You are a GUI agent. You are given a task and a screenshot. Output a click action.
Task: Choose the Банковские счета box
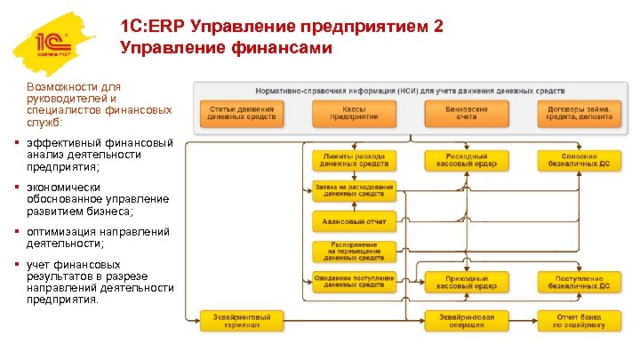coord(467,112)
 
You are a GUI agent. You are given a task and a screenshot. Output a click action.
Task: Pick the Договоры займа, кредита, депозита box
coord(579,112)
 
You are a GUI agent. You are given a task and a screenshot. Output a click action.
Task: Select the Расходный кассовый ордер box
coord(467,160)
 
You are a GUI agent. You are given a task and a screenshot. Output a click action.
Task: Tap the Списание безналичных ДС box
coord(579,160)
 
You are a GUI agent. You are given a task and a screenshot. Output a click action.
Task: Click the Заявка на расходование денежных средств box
coord(354,190)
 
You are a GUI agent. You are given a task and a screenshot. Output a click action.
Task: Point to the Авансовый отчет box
coord(354,220)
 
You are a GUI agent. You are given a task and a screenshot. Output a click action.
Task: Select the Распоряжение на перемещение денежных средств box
coord(354,252)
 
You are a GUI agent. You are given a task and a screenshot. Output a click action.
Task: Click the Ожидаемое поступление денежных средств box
coord(354,283)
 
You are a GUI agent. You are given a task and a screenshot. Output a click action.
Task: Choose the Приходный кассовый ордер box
coord(467,283)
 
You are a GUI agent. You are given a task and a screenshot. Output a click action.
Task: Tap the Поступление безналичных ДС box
coord(579,283)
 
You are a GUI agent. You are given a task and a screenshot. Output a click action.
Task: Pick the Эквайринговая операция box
coord(467,320)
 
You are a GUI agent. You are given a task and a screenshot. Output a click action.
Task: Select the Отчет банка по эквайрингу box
coord(579,320)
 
